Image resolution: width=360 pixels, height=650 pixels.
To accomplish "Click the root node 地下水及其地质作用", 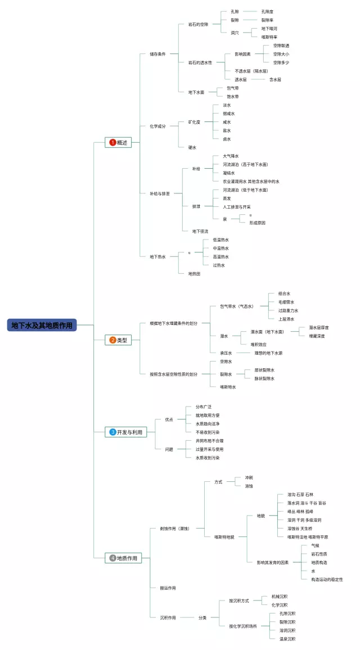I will coord(42,325).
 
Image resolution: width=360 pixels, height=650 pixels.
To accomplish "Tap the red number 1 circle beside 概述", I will coord(112,143).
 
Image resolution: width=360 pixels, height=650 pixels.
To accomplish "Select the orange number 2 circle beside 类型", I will coord(112,340).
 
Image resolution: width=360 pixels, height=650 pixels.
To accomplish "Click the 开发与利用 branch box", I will coord(125,432).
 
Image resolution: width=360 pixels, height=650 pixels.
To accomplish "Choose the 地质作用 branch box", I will coord(123,558).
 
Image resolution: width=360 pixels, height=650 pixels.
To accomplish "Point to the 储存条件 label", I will coord(157,54).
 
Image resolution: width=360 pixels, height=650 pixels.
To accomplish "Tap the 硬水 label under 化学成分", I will coord(192,147).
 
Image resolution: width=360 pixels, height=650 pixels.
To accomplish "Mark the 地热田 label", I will coord(194,273).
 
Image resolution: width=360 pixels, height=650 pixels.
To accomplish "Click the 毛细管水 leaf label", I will coord(286,302).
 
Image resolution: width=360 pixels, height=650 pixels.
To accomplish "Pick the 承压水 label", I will coord(226,353).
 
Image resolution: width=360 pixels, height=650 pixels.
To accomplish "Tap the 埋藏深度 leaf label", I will coord(317,336).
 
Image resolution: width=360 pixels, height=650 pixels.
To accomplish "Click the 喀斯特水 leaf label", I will coord(228,387).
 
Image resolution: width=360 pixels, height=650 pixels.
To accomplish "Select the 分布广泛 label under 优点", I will coord(204,407).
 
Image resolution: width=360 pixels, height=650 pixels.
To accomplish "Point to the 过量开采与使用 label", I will coord(209,449).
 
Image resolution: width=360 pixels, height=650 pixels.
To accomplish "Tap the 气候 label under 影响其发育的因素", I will coord(315,545).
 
